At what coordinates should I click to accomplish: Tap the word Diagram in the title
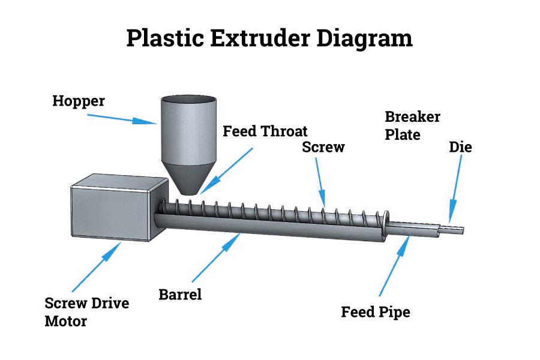364,38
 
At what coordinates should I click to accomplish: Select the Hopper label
78,101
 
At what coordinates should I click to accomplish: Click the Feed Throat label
265,131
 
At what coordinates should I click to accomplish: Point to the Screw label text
323,147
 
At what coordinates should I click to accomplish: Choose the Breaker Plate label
412,125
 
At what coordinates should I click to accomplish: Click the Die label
460,146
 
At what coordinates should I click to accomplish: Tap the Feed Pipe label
376,312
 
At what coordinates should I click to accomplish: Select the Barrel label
180,295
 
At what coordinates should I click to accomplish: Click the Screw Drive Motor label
86,312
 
